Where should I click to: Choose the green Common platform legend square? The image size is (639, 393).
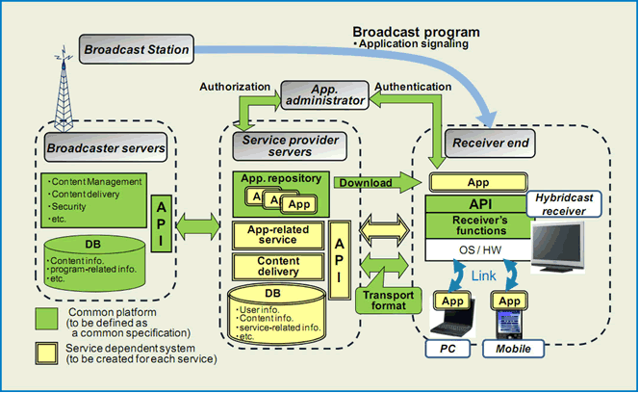(x=48, y=319)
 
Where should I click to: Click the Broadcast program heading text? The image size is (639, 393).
(x=416, y=32)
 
